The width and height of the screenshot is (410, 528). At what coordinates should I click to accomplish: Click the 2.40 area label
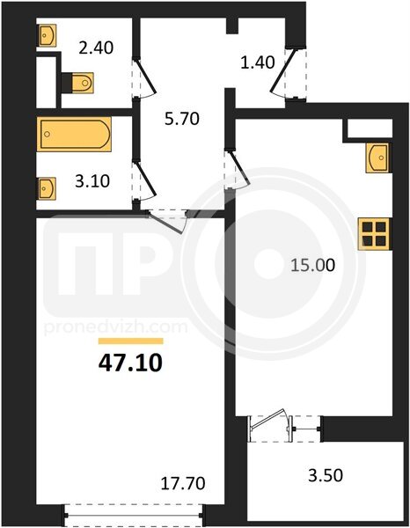[96, 48]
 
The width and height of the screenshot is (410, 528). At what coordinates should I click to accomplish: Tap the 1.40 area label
[258, 62]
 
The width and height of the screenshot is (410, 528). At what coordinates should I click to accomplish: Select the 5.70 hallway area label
[182, 119]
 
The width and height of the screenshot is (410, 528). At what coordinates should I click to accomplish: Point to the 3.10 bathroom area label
[92, 181]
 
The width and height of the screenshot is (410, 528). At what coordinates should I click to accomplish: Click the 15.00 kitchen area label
[313, 266]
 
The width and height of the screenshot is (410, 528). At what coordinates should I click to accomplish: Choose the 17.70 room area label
[183, 483]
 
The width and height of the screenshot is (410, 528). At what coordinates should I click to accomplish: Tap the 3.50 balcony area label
[326, 475]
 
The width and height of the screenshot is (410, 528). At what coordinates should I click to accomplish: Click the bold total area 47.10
[130, 363]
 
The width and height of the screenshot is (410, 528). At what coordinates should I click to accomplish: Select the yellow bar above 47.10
[130, 341]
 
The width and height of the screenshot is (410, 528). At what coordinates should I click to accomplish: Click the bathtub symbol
[74, 134]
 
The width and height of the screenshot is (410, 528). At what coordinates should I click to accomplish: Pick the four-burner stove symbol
[374, 234]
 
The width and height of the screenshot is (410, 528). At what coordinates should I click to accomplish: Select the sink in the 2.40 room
[47, 34]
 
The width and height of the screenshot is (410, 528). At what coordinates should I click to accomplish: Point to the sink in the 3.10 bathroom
[47, 188]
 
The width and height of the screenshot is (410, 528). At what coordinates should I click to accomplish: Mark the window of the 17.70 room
[134, 515]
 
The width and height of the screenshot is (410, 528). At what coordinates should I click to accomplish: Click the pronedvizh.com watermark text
[115, 327]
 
